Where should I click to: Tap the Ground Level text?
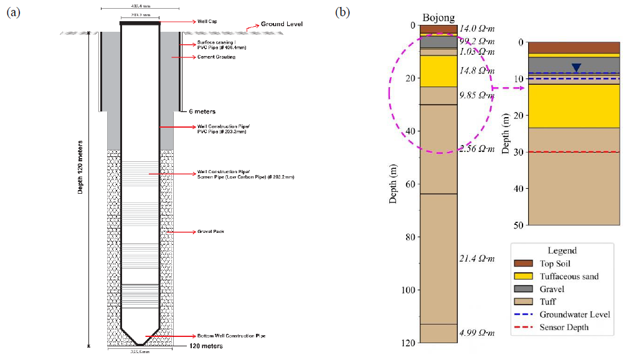[281, 24]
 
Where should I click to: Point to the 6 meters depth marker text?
[202, 111]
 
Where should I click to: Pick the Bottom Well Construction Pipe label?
[234, 336]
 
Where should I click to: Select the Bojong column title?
[438, 17]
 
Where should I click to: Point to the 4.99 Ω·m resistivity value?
[476, 333]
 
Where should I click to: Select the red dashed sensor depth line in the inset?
[574, 152]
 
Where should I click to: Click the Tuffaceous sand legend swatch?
[524, 276]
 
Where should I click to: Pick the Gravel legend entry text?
[552, 289]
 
